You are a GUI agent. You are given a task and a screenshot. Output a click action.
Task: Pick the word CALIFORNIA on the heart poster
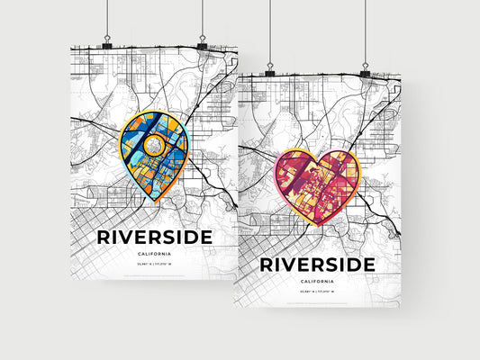point(317,282)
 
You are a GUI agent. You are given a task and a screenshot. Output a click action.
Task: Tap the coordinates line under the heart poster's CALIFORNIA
point(317,294)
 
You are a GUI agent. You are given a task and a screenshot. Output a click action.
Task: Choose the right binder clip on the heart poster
point(365,71)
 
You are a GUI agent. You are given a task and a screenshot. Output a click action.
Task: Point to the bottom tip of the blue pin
point(155,203)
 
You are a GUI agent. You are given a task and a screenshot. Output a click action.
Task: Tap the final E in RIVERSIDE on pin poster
point(205,237)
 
